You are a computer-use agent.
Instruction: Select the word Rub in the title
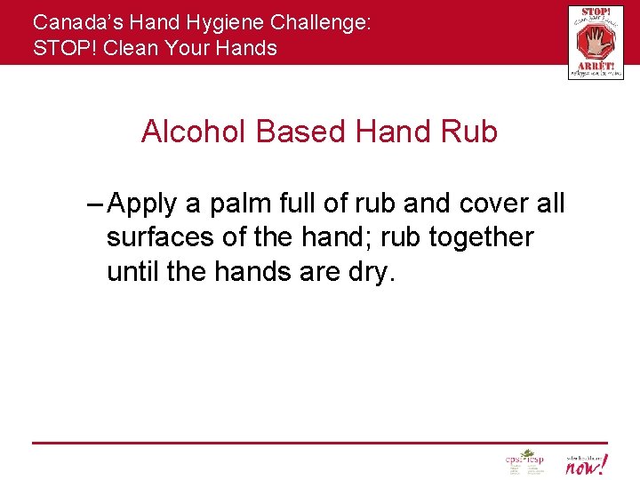(x=468, y=132)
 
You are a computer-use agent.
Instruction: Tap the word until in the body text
(x=133, y=271)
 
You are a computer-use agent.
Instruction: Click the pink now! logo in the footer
(x=586, y=463)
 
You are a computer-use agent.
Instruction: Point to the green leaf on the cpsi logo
(x=527, y=454)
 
